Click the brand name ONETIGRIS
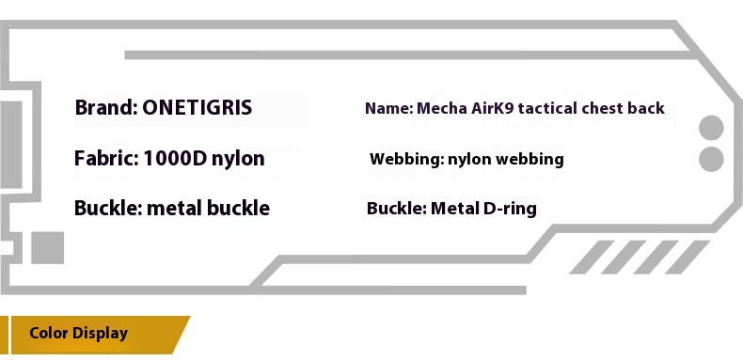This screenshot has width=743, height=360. (198, 108)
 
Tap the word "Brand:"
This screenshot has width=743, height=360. (106, 108)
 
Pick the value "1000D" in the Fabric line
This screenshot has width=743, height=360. (175, 158)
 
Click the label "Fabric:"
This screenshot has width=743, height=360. (106, 158)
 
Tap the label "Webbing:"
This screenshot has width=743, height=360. (407, 159)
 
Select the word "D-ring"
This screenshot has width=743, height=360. (510, 209)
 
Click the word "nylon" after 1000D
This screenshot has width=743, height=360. (238, 159)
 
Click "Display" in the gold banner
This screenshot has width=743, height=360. (100, 334)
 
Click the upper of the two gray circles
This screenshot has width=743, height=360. (711, 128)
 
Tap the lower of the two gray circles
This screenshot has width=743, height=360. (711, 159)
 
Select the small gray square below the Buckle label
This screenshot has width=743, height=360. (47, 248)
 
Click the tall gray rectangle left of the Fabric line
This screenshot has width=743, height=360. (11, 145)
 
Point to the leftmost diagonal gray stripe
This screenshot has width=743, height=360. (592, 258)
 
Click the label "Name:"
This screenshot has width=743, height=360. (389, 108)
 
